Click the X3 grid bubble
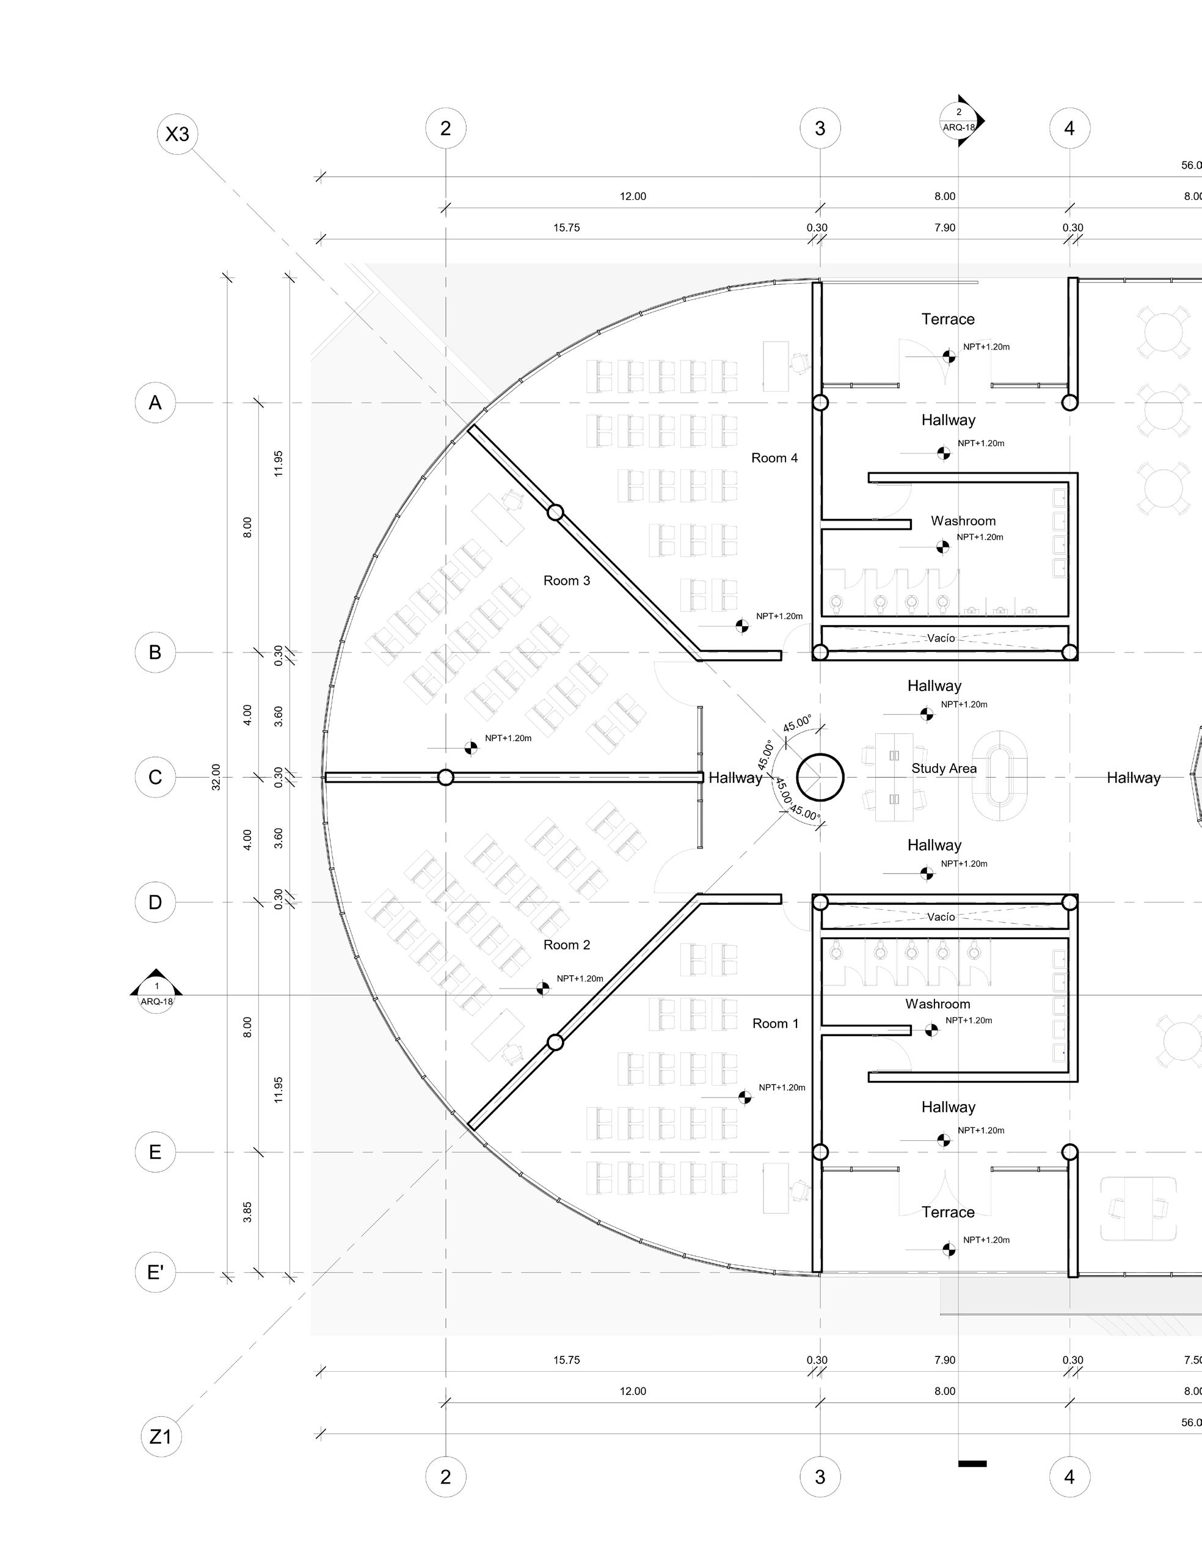[x=178, y=134]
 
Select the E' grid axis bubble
[x=155, y=1272]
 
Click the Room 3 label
[x=567, y=580]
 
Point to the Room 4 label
[x=774, y=458]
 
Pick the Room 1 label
[x=775, y=1023]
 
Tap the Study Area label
[x=944, y=769]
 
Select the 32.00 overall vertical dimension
[x=216, y=777]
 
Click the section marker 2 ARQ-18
[x=960, y=120]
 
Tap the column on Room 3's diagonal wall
[x=555, y=513]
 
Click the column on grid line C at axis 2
[x=446, y=777]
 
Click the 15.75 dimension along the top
[x=566, y=228]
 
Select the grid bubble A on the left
[x=155, y=403]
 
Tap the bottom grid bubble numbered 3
[x=820, y=1477]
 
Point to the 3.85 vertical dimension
[x=247, y=1212]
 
